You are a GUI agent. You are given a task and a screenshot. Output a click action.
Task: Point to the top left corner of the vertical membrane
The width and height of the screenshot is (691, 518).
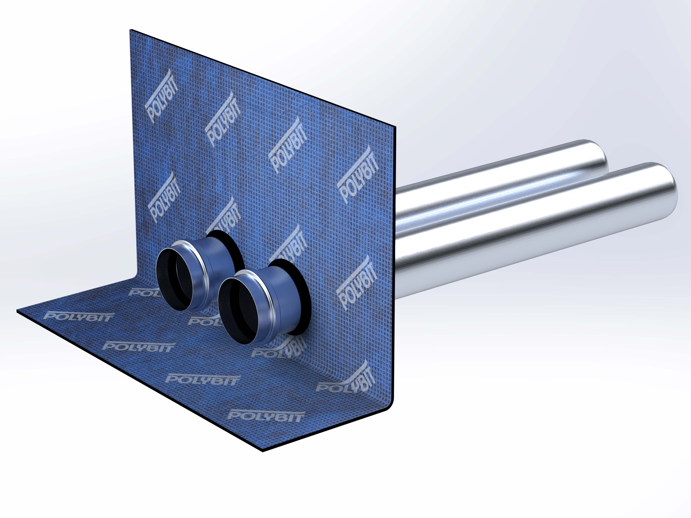coord(131,30)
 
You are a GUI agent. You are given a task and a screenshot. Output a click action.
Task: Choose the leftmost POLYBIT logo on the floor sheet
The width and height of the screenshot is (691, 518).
coord(78,317)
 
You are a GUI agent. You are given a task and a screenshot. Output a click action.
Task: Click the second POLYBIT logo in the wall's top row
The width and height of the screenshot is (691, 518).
coord(223,120)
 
